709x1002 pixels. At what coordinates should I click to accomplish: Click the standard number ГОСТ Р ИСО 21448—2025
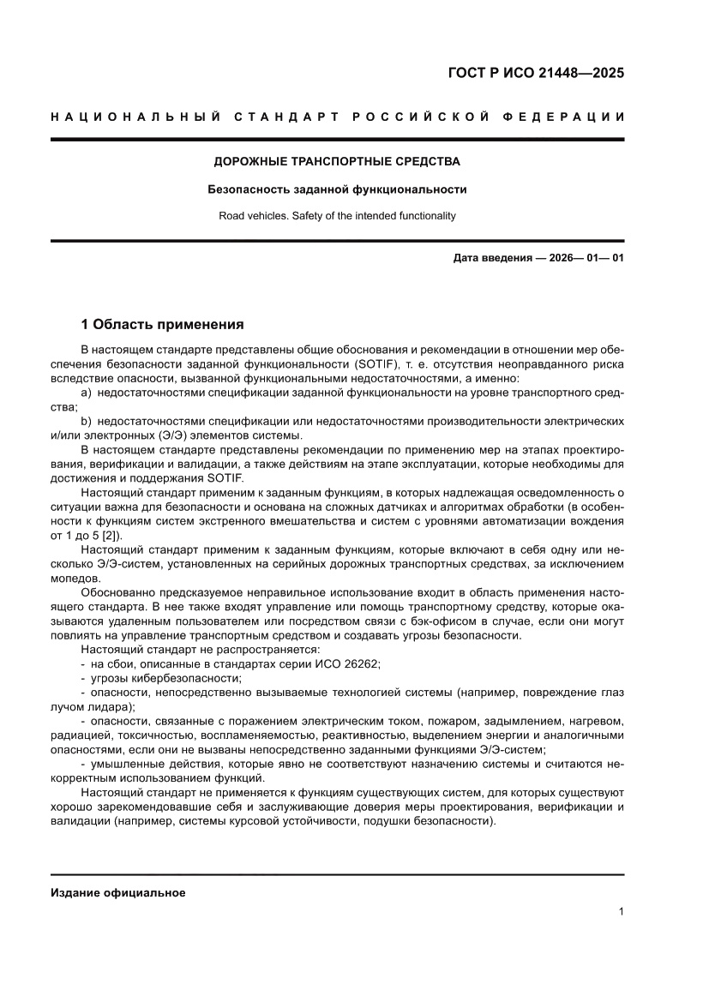click(x=536, y=73)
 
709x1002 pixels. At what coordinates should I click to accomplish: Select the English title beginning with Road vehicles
click(x=337, y=216)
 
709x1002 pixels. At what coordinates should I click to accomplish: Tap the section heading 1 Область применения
click(x=162, y=325)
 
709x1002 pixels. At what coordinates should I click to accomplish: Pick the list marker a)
click(x=87, y=392)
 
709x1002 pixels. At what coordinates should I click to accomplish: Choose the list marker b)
click(x=87, y=422)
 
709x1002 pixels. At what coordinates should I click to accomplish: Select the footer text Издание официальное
click(x=118, y=892)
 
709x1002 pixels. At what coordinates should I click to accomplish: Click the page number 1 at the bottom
click(x=620, y=912)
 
